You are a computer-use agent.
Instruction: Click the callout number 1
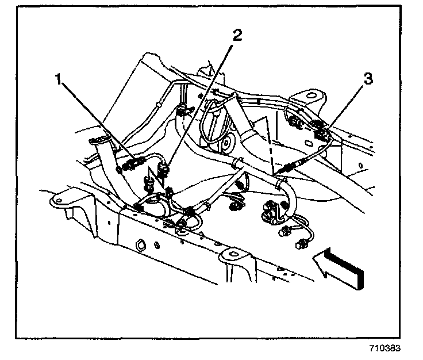click(59, 80)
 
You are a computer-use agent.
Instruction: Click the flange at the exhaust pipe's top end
click(98, 140)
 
